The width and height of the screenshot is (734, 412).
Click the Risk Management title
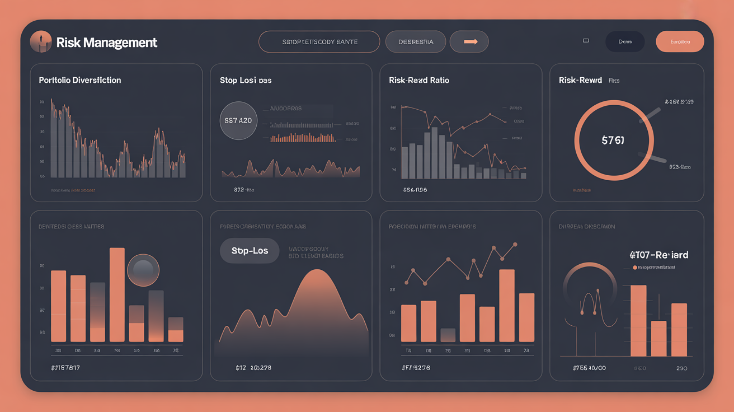[x=107, y=43]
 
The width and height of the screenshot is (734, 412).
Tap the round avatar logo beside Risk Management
[x=41, y=42]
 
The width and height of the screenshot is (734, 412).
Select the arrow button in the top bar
[x=469, y=42]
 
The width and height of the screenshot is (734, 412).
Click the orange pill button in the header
[x=680, y=42]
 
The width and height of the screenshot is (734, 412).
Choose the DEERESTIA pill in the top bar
[x=416, y=42]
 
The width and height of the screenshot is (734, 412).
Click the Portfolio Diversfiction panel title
[x=80, y=80]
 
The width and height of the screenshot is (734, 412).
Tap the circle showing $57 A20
[x=238, y=120]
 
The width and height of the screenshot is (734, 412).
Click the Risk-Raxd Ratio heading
[x=419, y=80]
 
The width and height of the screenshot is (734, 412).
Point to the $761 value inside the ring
[x=613, y=141]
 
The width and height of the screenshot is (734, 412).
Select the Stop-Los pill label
[x=250, y=251]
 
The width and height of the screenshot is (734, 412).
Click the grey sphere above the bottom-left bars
[x=143, y=270]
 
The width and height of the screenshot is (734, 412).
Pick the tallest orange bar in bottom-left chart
[x=117, y=294]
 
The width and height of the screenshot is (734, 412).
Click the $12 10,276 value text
[x=253, y=368]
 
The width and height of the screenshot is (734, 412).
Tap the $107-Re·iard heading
[x=658, y=255]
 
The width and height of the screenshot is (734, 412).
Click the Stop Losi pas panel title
[x=246, y=80]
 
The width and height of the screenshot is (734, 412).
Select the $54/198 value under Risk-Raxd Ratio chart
[x=415, y=190]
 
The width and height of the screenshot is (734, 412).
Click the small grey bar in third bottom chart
[x=448, y=335]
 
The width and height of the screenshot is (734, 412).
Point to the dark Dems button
[x=625, y=42]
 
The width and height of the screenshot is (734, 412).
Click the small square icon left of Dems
[x=586, y=41]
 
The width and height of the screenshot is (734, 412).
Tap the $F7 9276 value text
[x=416, y=368]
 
